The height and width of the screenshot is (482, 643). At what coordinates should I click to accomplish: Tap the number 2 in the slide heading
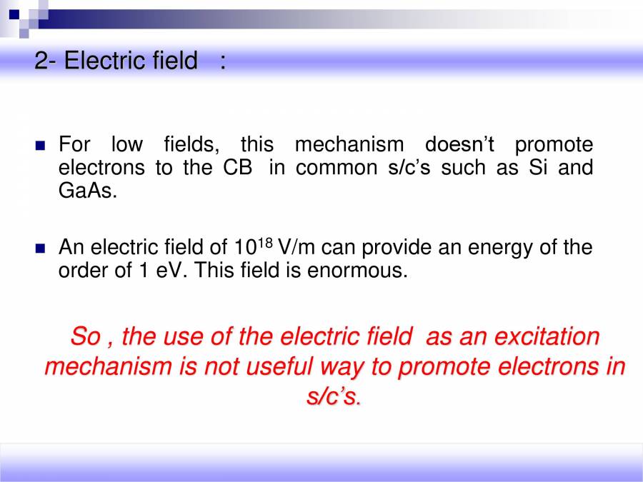click(41, 61)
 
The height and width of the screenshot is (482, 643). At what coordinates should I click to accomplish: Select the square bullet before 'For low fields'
click(41, 146)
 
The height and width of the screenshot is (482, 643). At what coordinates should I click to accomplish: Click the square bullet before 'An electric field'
click(41, 248)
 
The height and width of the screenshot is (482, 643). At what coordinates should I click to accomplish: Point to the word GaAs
click(86, 191)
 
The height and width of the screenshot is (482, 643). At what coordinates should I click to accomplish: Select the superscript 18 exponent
click(264, 243)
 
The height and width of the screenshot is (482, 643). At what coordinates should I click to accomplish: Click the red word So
click(84, 336)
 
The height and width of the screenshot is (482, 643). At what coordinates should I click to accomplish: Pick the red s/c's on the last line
click(334, 396)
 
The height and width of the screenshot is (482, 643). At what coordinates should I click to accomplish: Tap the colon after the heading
click(223, 61)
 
